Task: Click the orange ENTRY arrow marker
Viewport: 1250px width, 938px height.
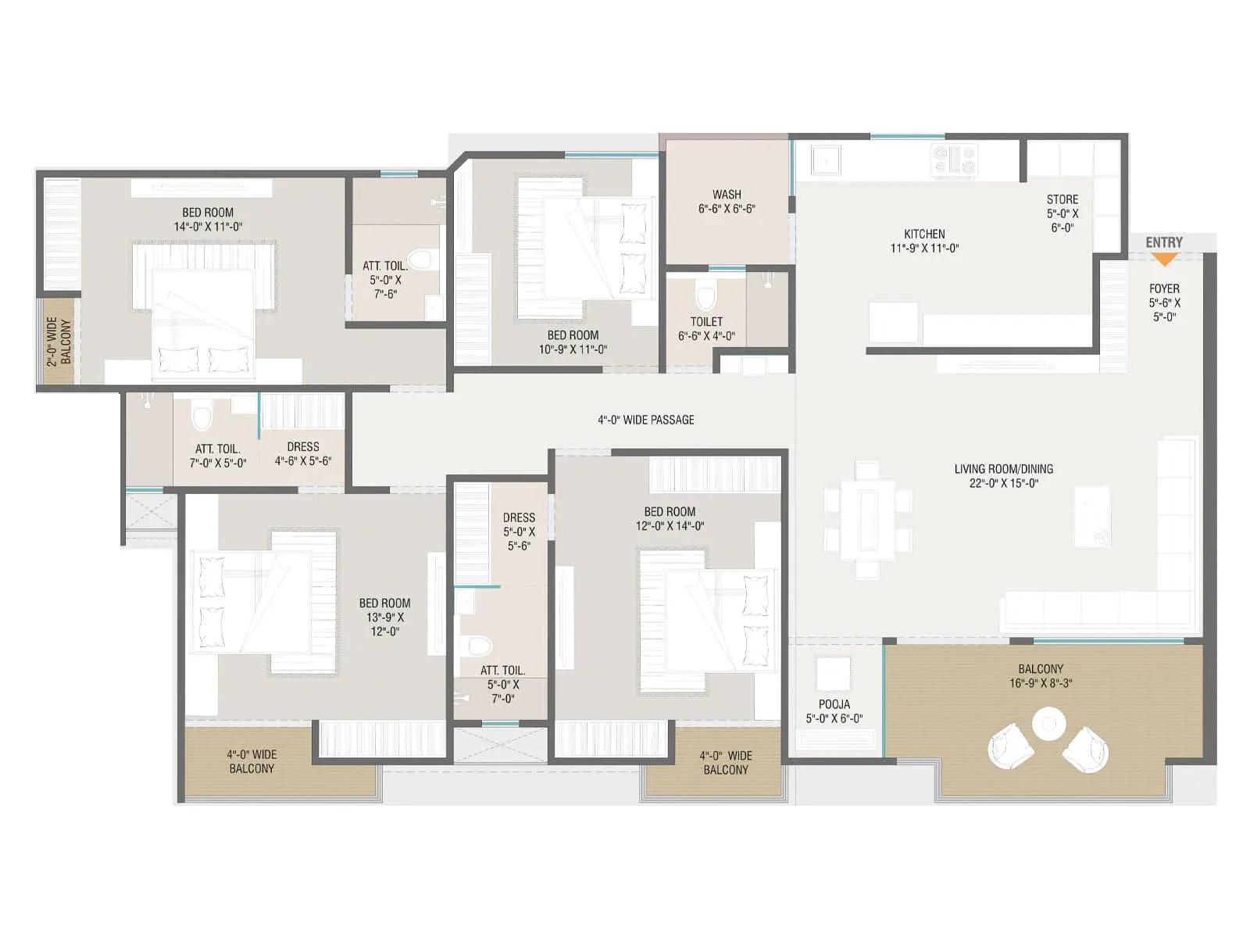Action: coord(1164,259)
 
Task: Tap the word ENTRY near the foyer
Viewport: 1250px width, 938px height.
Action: coord(1164,242)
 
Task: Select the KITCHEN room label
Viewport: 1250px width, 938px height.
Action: coord(924,234)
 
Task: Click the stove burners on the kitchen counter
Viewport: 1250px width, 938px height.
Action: coord(955,159)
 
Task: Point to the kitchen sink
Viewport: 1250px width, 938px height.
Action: coord(825,160)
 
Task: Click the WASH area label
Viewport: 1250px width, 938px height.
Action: coord(727,194)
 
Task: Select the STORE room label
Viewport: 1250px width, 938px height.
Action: coord(1062,199)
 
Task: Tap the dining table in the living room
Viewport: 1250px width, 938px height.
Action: coord(867,520)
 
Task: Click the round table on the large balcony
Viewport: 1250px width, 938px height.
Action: coord(1048,725)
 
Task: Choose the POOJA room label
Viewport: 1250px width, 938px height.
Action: coord(834,704)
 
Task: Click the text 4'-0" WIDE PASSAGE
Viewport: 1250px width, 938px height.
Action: coord(646,420)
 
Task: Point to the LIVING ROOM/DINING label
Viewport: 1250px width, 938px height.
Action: coord(1003,469)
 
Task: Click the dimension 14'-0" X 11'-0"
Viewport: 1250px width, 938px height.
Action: coord(208,227)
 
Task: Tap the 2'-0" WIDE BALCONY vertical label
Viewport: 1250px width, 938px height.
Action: coord(59,342)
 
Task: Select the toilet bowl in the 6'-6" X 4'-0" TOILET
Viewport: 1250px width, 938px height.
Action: coord(705,297)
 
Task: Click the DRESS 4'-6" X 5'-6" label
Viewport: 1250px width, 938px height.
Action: coord(303,453)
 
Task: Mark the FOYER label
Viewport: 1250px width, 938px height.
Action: coord(1164,288)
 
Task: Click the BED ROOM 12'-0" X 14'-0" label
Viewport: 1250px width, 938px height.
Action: coord(670,518)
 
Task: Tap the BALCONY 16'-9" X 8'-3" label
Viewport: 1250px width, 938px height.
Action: coord(1041,675)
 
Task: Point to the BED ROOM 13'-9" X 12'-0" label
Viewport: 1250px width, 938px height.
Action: coord(384,617)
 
